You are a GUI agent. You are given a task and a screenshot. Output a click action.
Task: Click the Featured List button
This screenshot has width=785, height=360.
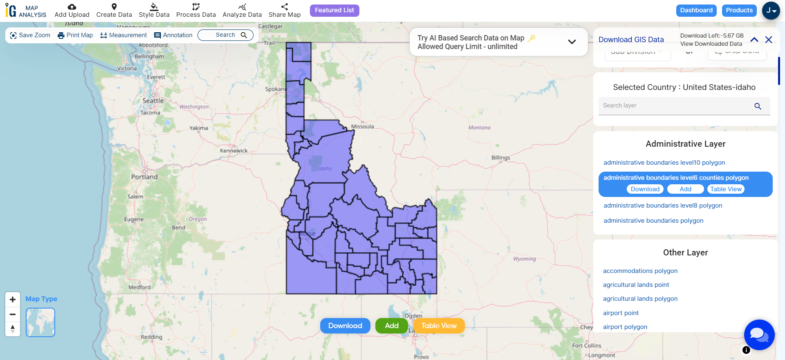click(x=334, y=10)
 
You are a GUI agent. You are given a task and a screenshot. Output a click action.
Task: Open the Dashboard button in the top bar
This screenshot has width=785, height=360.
click(x=696, y=10)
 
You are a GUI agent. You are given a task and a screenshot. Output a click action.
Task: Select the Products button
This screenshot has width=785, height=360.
click(x=739, y=10)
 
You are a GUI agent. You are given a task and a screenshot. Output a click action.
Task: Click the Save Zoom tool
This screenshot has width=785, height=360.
click(x=30, y=35)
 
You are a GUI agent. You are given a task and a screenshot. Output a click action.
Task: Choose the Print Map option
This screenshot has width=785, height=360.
click(x=75, y=35)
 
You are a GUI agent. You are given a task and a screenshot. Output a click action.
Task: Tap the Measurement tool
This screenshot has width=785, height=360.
click(x=123, y=35)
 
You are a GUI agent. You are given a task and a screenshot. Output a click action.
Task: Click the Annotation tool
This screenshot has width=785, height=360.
click(x=173, y=35)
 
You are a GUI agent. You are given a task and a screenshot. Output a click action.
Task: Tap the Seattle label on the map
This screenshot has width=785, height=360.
click(x=153, y=101)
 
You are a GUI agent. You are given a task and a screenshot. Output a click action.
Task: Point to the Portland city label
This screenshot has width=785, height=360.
click(x=144, y=177)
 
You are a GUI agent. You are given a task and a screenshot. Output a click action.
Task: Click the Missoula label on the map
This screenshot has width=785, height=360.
click(x=362, y=127)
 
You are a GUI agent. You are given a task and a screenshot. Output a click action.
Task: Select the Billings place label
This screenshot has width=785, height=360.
click(x=500, y=158)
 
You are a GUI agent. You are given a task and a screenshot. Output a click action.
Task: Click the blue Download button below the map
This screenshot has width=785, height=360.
click(x=345, y=326)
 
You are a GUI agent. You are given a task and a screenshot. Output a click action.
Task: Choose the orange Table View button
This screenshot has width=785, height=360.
click(x=439, y=326)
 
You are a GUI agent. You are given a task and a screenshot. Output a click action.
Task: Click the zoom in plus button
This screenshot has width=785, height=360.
click(x=13, y=300)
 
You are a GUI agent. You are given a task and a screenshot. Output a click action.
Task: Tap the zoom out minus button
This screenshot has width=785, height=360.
click(x=13, y=314)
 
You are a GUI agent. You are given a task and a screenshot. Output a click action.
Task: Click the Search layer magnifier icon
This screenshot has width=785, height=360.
click(x=758, y=106)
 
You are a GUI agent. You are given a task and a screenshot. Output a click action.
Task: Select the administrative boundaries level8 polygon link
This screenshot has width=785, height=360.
click(x=663, y=206)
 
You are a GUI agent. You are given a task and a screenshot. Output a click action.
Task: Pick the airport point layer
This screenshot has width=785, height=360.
click(x=621, y=313)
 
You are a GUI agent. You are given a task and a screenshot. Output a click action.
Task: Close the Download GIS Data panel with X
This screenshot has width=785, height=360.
click(x=769, y=40)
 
